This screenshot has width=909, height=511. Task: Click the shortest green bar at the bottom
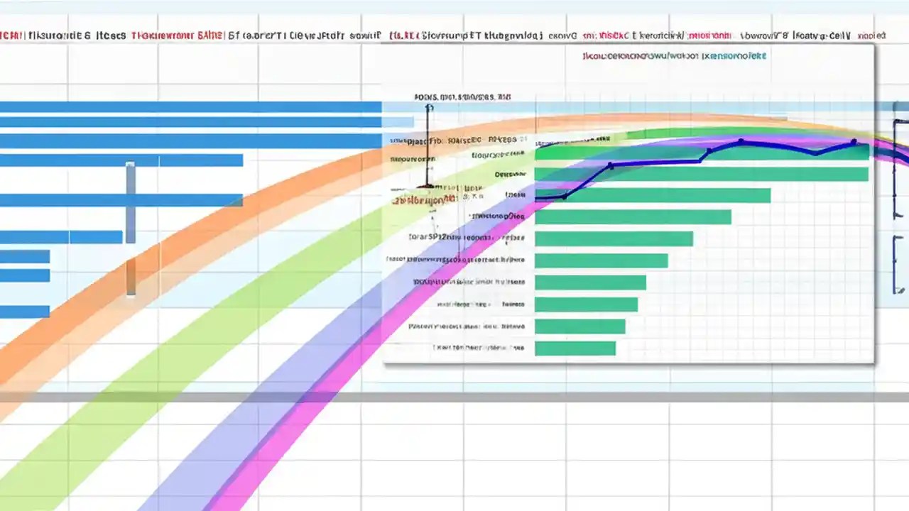coord(575,348)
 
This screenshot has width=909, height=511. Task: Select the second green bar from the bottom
coord(579,326)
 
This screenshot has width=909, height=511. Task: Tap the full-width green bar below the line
coord(701,174)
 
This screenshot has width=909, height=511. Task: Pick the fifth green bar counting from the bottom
coord(601,261)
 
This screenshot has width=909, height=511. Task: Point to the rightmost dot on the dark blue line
coord(854,143)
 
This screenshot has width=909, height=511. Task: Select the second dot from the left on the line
coord(610,167)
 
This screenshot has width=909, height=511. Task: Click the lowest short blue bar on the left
coord(25,311)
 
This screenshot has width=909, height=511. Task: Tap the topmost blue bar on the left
coord(190,107)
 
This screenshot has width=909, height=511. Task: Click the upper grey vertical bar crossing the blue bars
coord(131,202)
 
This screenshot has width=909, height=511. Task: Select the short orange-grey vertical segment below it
coord(131,277)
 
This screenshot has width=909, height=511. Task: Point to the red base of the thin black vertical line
coord(426,187)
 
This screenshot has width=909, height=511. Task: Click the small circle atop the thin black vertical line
coord(428,108)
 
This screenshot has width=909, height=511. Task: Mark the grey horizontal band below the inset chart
coord(454,397)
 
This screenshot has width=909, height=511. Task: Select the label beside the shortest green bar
coord(479,348)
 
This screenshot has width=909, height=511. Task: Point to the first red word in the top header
coord(11,34)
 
